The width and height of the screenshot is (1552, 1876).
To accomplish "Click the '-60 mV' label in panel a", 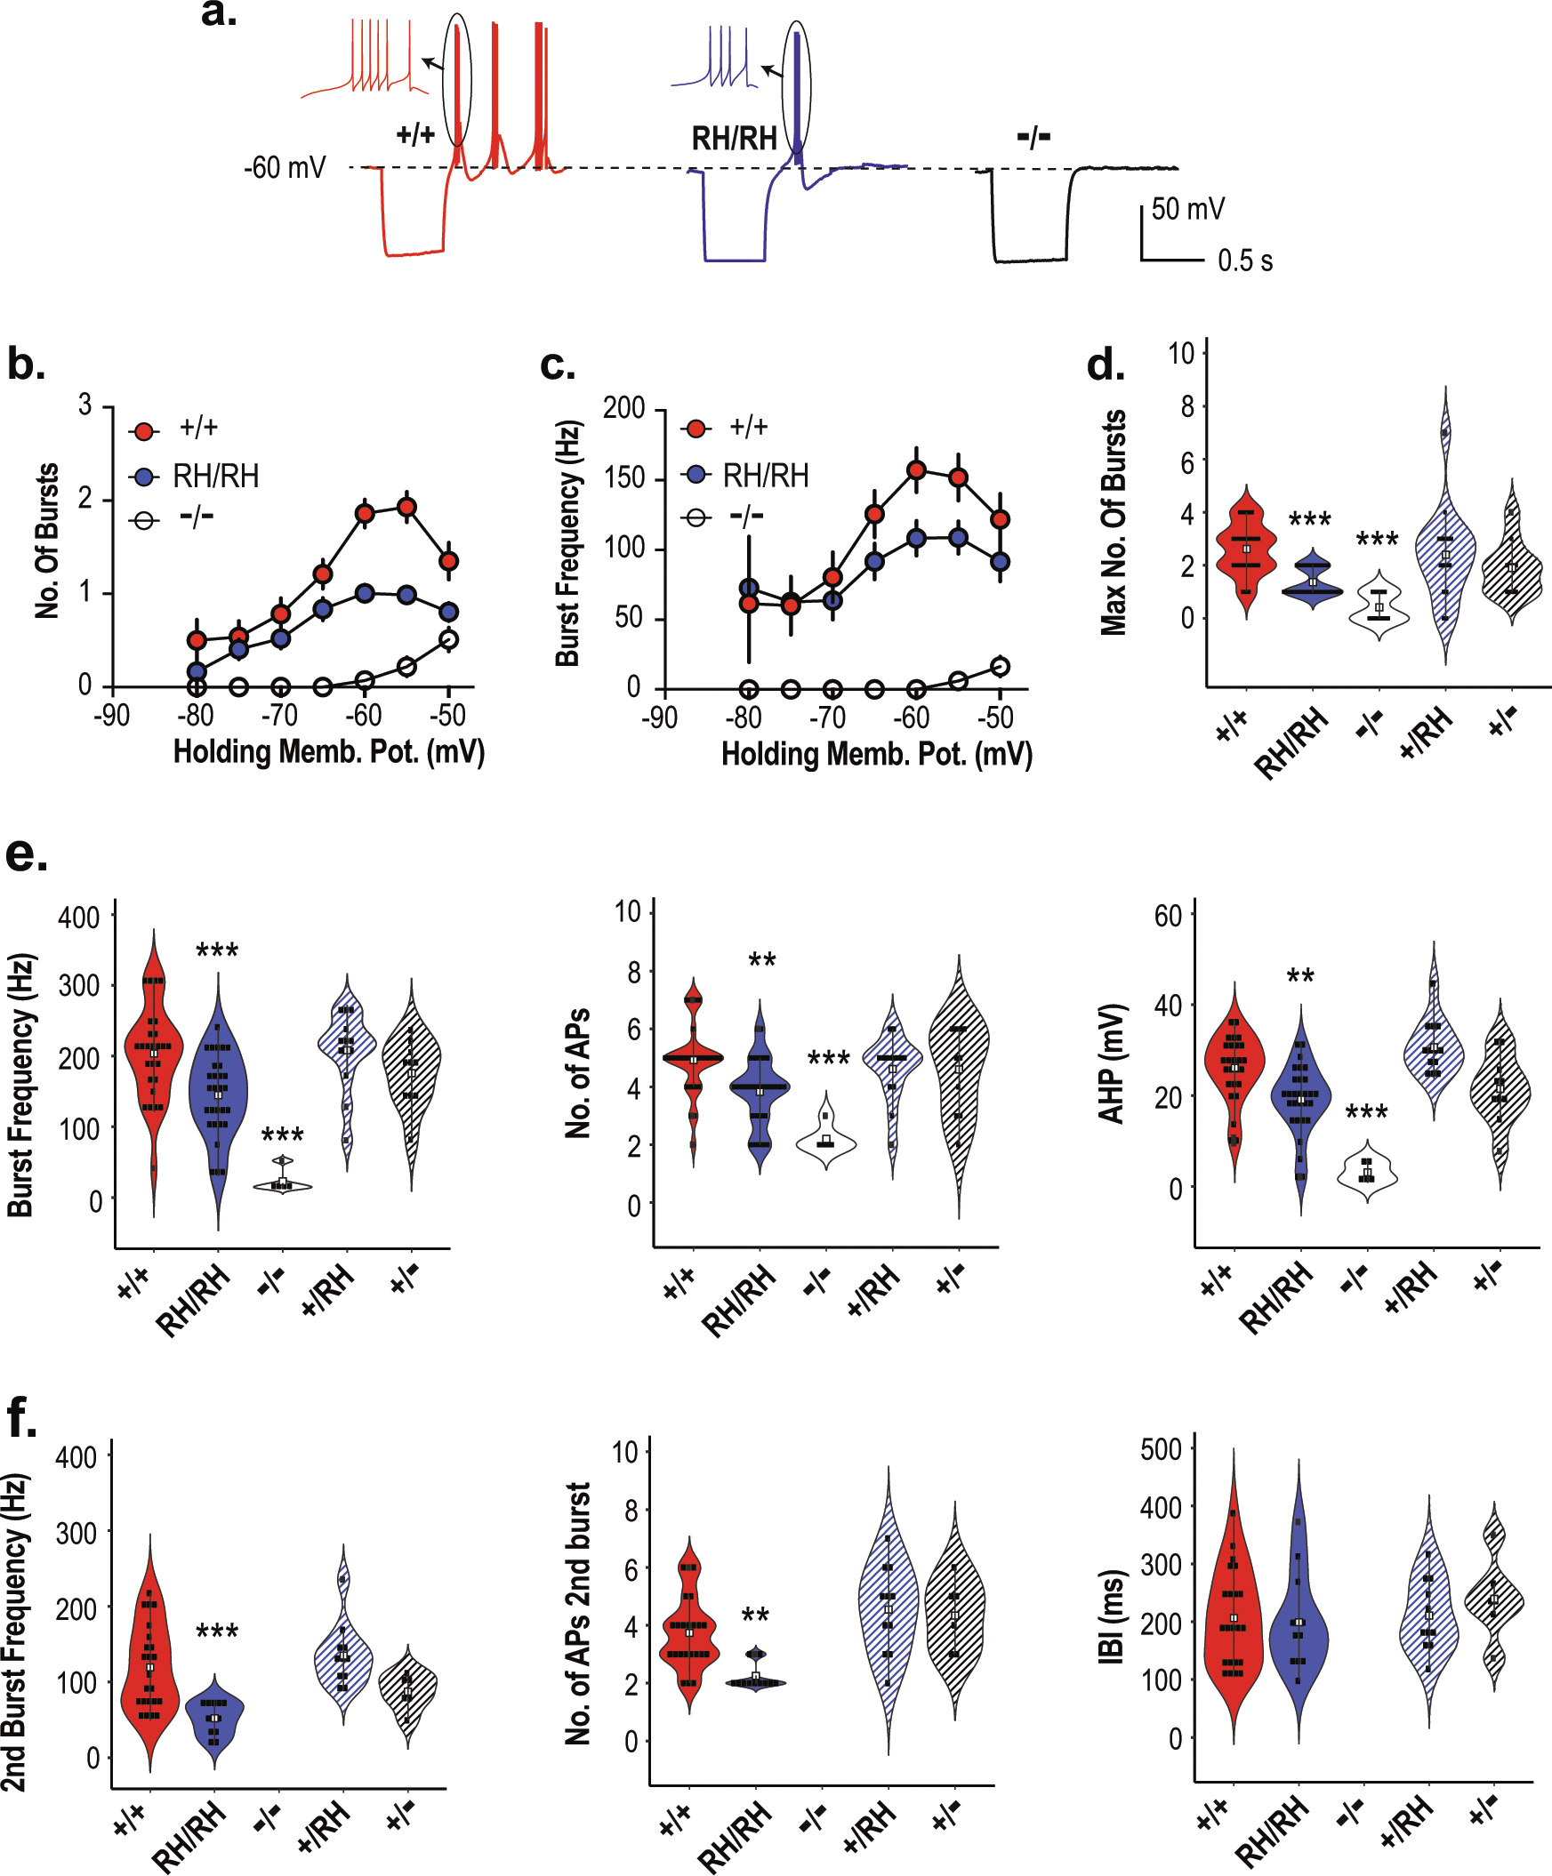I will point(285,168).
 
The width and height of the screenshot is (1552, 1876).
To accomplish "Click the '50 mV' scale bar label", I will point(1187,209).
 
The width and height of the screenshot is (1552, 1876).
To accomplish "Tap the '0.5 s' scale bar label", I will point(1244,261).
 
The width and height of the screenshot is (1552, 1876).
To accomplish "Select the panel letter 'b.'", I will point(26,365).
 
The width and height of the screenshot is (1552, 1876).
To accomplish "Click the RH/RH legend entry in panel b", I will point(215,477).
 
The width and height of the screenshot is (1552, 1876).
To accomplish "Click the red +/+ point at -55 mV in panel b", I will point(406,508).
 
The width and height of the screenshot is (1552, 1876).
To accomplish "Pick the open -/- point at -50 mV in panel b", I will point(449,639).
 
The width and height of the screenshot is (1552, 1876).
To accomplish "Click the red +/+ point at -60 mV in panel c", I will point(916,470).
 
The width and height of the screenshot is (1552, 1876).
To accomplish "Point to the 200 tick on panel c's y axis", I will point(623,409).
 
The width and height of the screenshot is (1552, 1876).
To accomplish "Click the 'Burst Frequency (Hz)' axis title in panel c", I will point(568,544).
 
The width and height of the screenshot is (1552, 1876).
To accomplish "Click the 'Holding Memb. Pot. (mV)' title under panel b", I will point(329,752).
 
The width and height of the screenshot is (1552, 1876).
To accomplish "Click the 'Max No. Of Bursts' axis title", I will point(1114,523).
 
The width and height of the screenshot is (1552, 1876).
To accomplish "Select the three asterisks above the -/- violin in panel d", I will point(1377,540).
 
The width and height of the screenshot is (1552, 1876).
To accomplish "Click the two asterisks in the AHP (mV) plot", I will point(1300,976).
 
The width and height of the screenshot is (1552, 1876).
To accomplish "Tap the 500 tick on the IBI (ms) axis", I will point(1161,1449).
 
